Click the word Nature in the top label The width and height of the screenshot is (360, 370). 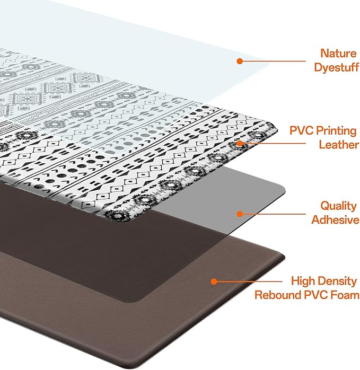click(x=338, y=54)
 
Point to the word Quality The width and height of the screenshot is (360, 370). click(x=339, y=206)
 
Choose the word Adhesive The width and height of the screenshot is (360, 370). click(x=335, y=219)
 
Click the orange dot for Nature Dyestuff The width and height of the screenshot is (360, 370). click(x=240, y=61)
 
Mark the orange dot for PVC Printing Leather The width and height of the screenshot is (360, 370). click(x=240, y=143)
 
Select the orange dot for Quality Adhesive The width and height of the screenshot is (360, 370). click(x=240, y=214)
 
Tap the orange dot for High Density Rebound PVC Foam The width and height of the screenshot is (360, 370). click(x=214, y=282)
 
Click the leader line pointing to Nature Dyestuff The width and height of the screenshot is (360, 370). click(x=273, y=61)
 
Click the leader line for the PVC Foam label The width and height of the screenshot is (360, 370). click(x=249, y=282)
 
